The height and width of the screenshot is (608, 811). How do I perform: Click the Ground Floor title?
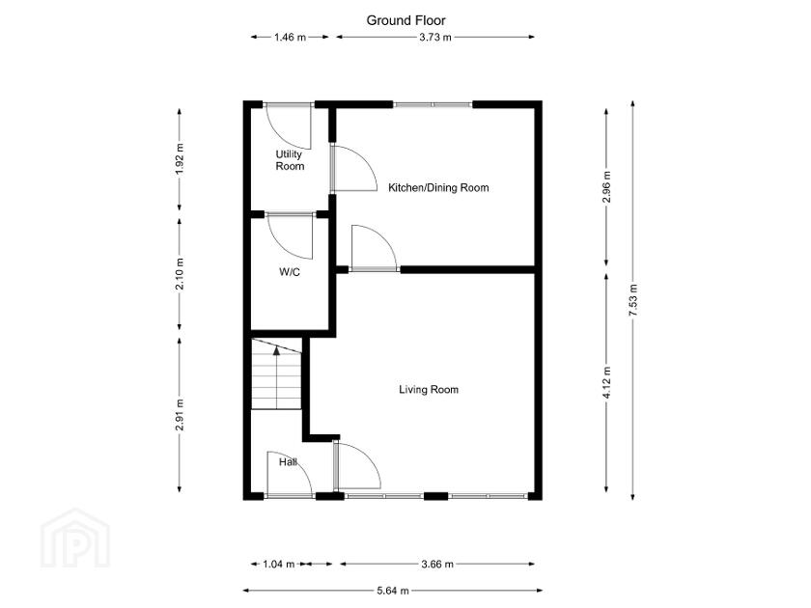[406, 20]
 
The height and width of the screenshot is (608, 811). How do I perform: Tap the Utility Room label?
[290, 160]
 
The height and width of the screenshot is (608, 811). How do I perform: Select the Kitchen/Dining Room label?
[438, 187]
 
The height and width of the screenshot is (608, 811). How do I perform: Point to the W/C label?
[289, 272]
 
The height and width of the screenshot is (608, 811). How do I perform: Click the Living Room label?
[429, 389]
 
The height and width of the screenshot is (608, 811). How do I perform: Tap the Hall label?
[288, 461]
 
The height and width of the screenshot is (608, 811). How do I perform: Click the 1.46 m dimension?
[291, 38]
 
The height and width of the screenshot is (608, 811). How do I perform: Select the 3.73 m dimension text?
[435, 38]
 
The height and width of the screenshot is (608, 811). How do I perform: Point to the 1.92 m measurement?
[180, 158]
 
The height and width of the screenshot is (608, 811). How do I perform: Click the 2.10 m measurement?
[180, 274]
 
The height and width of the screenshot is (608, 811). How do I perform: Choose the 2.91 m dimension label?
[180, 415]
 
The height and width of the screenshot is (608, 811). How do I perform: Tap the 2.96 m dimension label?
[606, 186]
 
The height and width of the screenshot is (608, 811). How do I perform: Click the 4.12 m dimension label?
[606, 382]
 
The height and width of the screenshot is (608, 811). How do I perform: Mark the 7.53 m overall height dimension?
[633, 300]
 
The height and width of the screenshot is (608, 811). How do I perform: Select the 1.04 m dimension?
[279, 564]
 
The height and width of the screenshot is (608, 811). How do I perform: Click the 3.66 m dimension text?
[437, 564]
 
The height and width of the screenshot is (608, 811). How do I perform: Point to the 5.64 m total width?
[393, 591]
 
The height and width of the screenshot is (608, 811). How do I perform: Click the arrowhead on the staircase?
[277, 350]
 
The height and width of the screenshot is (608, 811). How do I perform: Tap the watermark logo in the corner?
[75, 539]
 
